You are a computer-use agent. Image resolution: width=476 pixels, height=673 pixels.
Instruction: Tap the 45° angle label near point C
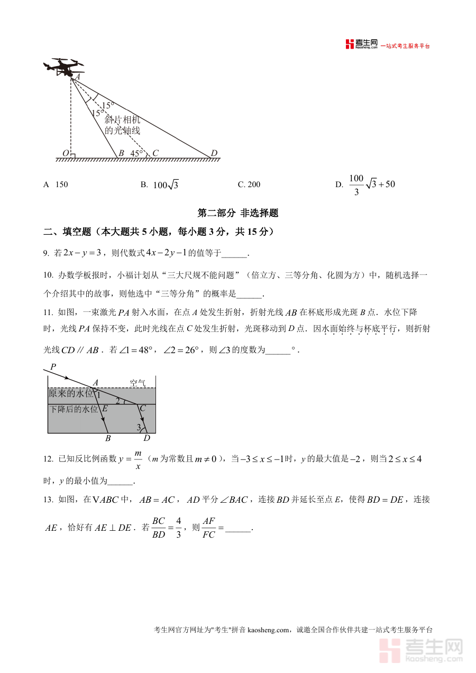pos(137,153)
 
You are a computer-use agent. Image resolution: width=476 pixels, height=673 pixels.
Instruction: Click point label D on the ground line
pos(214,153)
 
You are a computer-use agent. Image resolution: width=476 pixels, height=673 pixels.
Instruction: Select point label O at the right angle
pos(66,153)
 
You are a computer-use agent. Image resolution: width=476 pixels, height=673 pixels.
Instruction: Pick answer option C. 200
pos(249,185)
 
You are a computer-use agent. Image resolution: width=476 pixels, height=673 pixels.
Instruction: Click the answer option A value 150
pos(61,185)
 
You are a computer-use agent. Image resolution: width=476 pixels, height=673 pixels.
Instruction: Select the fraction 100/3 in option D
pos(356,185)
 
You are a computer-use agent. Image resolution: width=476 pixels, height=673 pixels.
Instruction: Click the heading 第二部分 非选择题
pos(237,214)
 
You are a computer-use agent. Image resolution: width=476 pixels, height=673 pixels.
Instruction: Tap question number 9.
pos(46,254)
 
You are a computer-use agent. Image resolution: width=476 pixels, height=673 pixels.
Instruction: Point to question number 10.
pos(48,275)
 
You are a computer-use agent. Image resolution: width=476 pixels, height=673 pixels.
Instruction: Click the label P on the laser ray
pos(53,366)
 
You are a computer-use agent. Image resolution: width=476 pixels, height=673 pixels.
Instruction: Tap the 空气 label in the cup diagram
pos(138,383)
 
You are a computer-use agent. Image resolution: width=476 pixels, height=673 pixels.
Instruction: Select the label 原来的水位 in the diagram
pos(71,393)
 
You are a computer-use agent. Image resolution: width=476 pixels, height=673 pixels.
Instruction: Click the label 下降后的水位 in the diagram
pos(74,409)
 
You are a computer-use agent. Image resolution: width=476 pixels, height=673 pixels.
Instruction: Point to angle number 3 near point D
pos(139,427)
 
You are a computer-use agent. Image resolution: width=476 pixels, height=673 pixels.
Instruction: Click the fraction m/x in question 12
pos(138,459)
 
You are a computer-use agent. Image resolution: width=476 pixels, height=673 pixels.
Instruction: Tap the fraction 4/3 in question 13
pos(178,528)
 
